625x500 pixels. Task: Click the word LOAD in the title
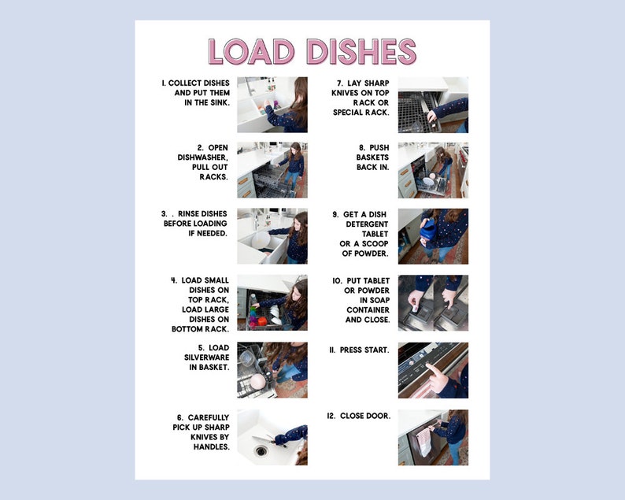(x=253, y=51)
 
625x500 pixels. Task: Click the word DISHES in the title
(x=361, y=51)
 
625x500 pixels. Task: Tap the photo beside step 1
(x=272, y=104)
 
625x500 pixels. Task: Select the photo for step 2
(x=272, y=170)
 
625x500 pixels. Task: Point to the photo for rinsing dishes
(x=272, y=235)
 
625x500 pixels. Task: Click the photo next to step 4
(x=272, y=302)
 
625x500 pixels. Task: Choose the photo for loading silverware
(x=272, y=369)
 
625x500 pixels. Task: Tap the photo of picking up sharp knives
(x=272, y=437)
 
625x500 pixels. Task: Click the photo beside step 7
(x=433, y=104)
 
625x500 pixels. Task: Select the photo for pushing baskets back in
(x=433, y=170)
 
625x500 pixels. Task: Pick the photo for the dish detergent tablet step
(x=433, y=235)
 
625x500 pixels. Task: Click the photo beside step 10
(x=433, y=302)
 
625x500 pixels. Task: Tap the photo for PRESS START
(x=433, y=369)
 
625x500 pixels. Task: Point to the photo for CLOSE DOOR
(x=433, y=437)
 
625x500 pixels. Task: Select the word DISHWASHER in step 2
(x=203, y=157)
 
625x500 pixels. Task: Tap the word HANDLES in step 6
(x=211, y=446)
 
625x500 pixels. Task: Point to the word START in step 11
(x=375, y=349)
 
